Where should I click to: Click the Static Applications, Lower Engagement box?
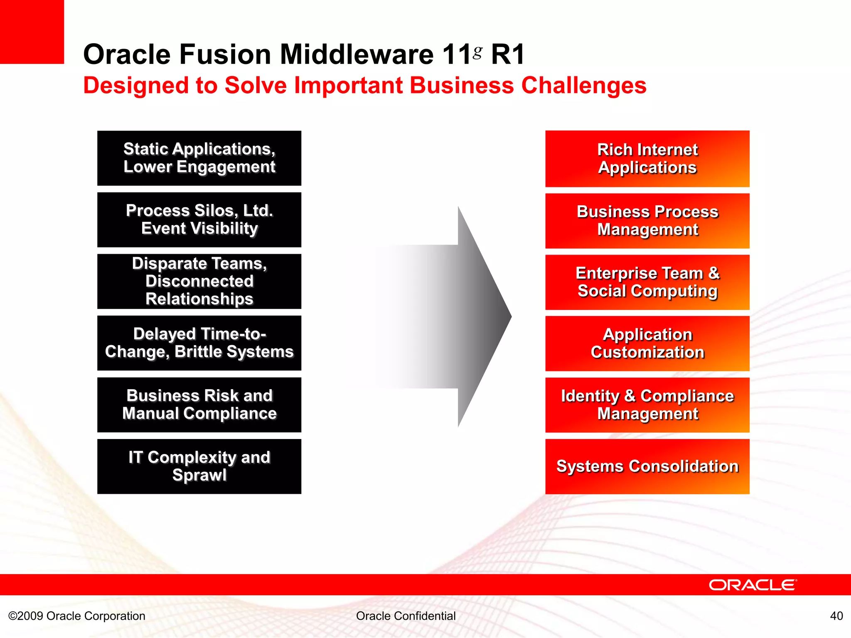[x=199, y=158]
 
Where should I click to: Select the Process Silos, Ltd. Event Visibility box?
[x=199, y=219]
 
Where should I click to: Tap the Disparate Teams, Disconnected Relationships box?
[x=199, y=281]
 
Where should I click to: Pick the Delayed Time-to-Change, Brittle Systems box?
[x=199, y=343]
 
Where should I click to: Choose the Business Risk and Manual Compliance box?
[x=199, y=405]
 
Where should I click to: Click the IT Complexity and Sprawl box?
[x=199, y=466]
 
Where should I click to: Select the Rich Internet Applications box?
[x=647, y=159]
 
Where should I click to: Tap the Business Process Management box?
[x=647, y=221]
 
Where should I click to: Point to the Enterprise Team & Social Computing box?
[x=647, y=282]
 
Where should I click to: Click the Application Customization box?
[x=647, y=344]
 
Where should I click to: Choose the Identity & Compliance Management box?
[x=647, y=405]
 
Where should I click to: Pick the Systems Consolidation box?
[x=647, y=466]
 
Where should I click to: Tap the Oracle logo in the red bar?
[x=753, y=585]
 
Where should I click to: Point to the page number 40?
[x=836, y=616]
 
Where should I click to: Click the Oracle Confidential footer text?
[x=406, y=616]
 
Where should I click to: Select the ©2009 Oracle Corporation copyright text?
[x=77, y=616]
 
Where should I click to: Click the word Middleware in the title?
[x=357, y=54]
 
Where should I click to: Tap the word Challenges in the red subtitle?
[x=583, y=86]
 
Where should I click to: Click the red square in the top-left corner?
[x=32, y=32]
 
